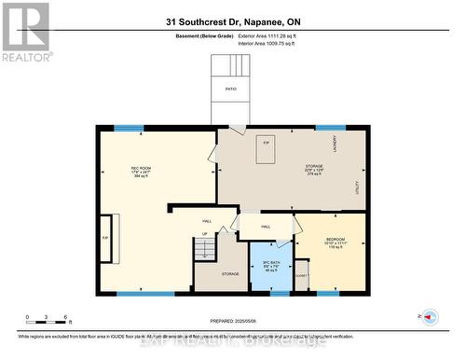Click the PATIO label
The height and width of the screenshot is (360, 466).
(x=230, y=90)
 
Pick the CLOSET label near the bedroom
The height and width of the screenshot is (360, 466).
(x=300, y=276)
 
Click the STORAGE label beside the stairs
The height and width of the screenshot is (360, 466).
(x=230, y=273)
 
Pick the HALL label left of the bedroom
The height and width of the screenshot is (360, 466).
(x=266, y=226)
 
